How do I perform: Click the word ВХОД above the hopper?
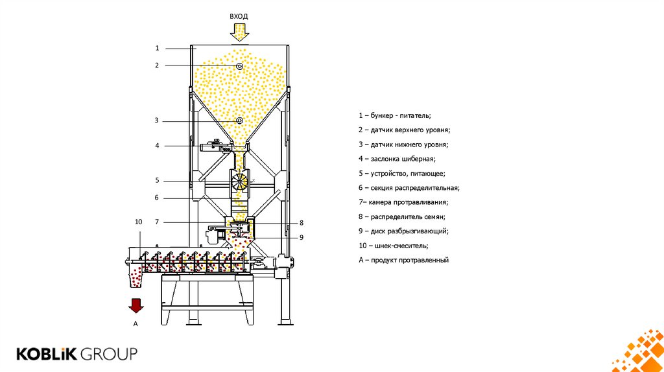239,16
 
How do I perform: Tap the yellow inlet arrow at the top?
239,32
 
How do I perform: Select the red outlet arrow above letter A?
136,305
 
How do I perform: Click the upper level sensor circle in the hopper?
239,66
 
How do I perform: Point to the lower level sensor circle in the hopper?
239,121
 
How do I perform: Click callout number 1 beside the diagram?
157,48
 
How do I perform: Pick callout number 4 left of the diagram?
157,146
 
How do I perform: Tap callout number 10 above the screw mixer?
138,222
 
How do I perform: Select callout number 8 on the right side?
302,222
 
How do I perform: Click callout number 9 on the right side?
302,237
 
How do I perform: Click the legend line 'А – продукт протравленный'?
403,260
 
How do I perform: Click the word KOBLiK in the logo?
47,354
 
